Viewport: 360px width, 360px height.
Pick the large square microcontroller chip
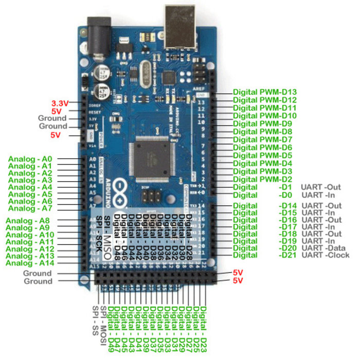[154, 157]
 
